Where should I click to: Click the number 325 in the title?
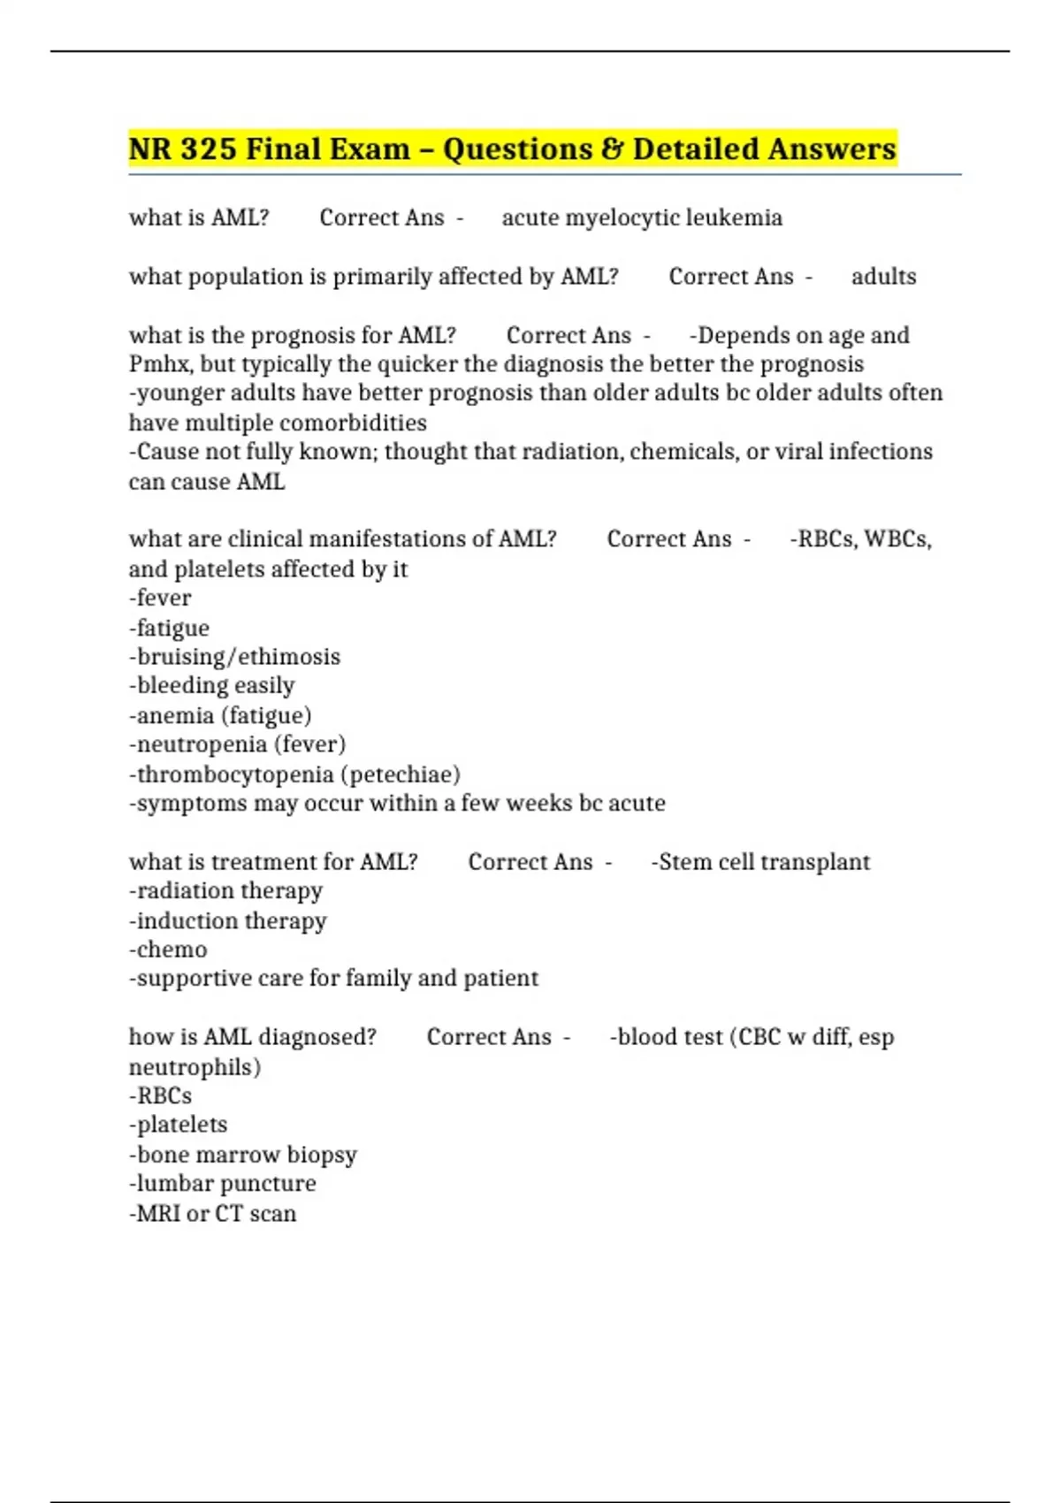[x=209, y=149]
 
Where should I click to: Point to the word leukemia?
[x=734, y=217]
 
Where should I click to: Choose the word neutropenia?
[x=202, y=744]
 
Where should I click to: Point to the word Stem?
[x=683, y=862]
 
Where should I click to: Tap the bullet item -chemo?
[x=168, y=950]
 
